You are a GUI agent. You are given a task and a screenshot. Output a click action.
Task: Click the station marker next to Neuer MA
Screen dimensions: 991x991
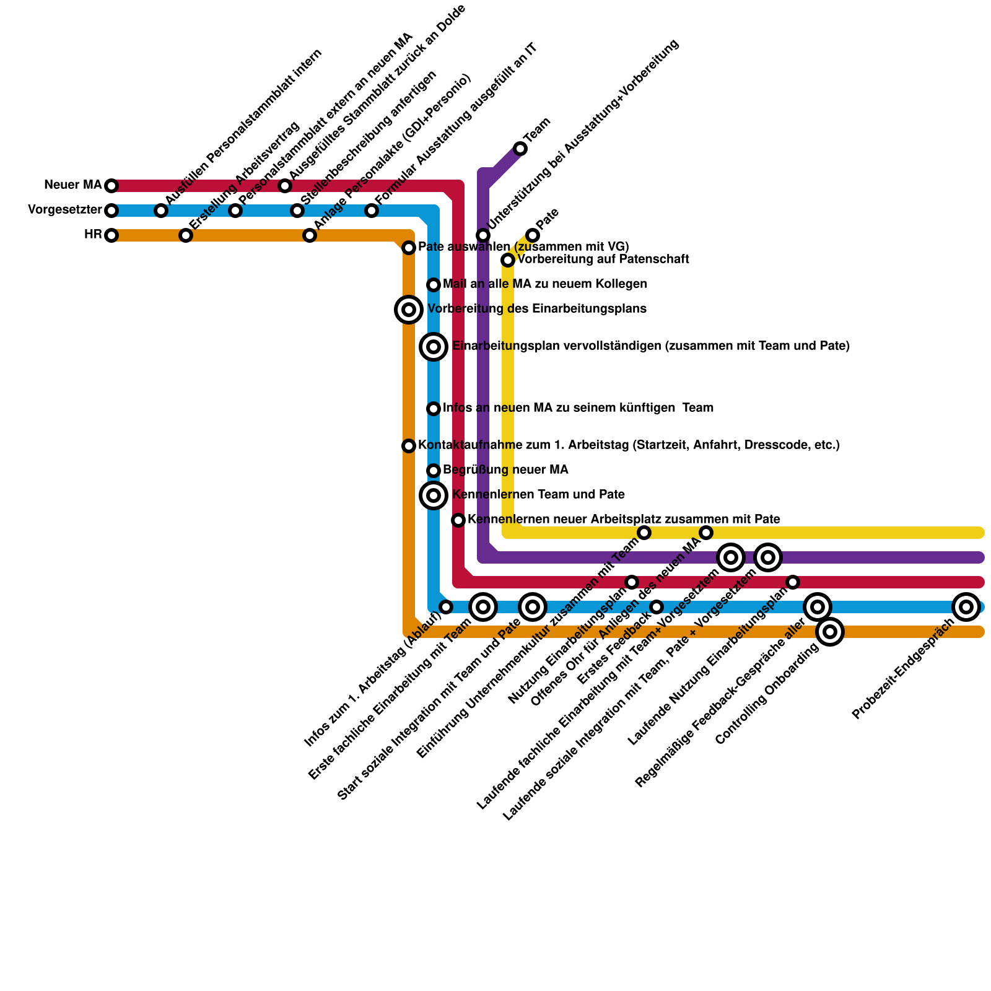coord(111,186)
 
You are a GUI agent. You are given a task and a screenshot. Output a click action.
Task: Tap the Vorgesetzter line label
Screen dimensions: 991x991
coord(64,210)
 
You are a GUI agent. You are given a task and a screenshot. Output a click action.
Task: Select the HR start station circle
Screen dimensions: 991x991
coord(111,235)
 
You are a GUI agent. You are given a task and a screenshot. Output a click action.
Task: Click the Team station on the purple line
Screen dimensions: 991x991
coord(520,149)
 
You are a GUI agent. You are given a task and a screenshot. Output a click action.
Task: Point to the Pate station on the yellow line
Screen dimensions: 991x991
coord(533,235)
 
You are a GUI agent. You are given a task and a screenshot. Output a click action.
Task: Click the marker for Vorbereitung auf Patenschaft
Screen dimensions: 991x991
coord(508,260)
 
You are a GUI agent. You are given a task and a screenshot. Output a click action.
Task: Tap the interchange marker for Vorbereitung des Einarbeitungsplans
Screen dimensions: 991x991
coord(409,309)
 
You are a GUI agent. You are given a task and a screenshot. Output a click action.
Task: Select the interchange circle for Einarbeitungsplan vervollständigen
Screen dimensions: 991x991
coord(434,347)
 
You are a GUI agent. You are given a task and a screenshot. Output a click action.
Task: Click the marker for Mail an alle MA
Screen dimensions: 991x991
coord(434,285)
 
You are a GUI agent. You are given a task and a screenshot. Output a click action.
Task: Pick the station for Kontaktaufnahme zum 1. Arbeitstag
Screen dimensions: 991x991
coord(409,446)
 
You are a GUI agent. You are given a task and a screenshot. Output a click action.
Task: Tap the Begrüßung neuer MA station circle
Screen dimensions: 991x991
coord(434,471)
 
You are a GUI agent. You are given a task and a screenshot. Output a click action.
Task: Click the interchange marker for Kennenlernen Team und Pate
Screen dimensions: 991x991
coord(434,495)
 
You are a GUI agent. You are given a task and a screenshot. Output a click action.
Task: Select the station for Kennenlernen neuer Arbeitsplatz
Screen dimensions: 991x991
coord(458,520)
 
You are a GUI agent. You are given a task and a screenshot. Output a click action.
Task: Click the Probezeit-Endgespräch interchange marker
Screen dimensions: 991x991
coord(966,607)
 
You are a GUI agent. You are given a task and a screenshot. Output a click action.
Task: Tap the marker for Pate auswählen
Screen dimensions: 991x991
coord(409,248)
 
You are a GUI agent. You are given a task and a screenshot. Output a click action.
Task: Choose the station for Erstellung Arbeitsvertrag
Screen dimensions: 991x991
coord(186,235)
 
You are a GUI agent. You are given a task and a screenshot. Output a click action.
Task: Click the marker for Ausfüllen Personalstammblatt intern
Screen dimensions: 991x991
coord(161,211)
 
